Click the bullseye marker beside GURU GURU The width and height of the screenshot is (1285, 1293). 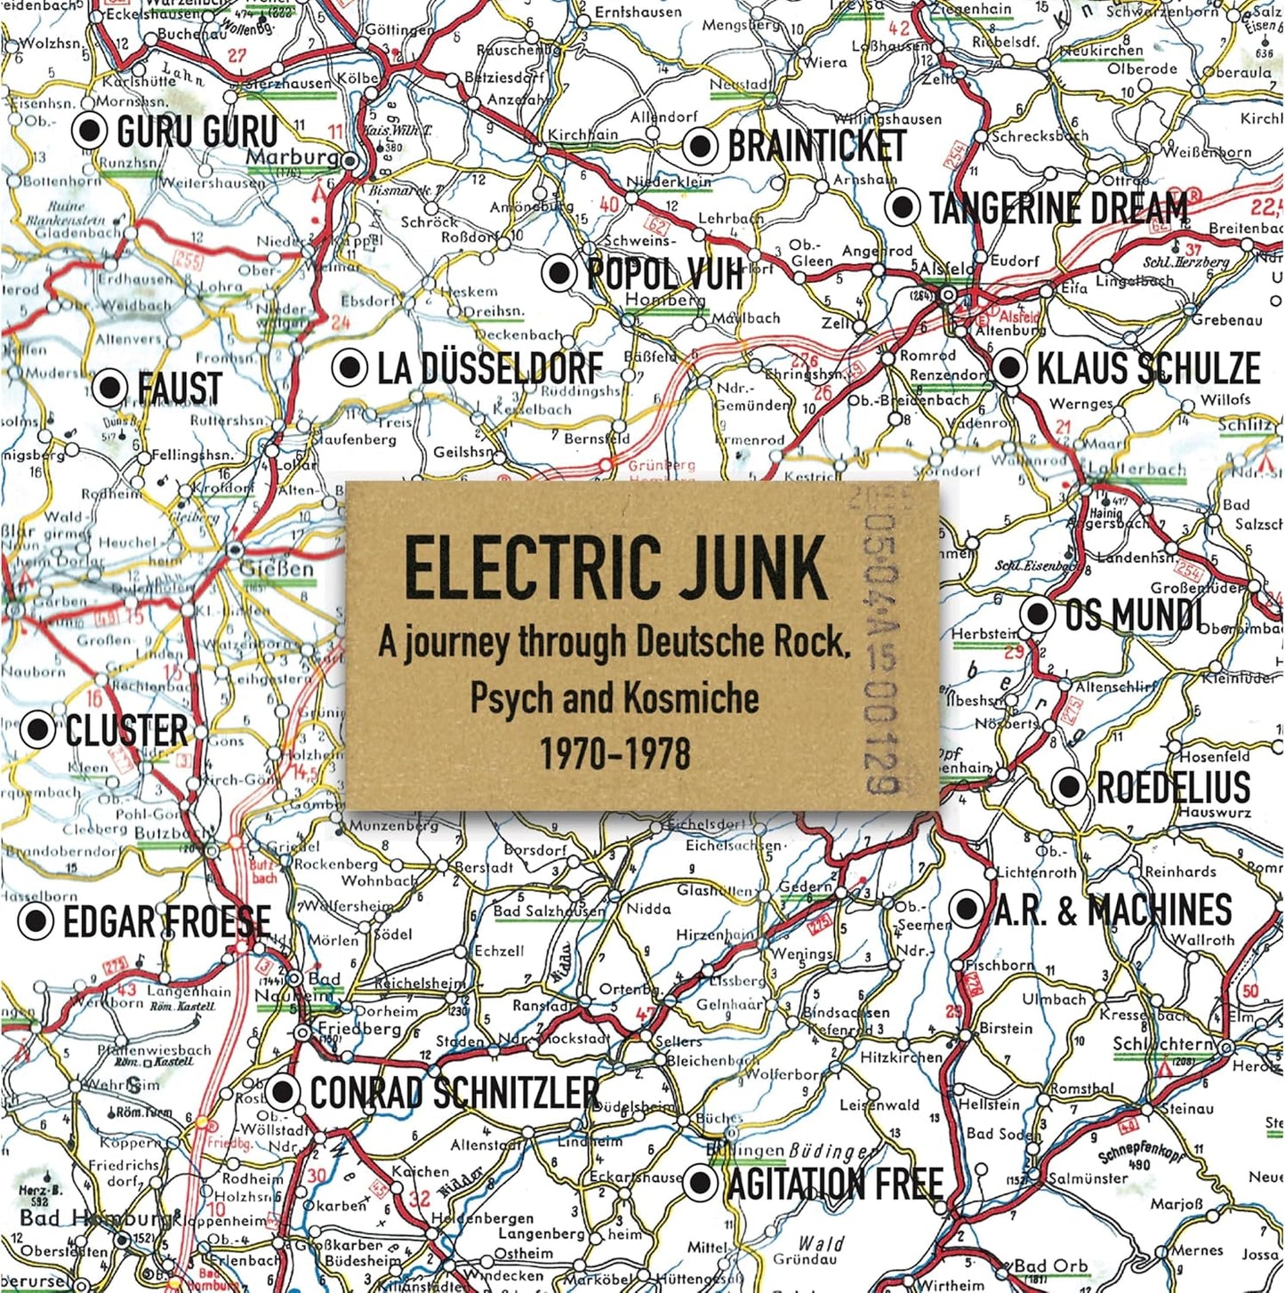(x=90, y=132)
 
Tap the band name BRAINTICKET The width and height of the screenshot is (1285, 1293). (x=816, y=147)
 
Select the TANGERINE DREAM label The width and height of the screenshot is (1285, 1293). (x=1058, y=208)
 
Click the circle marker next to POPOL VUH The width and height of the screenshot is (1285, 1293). (x=559, y=272)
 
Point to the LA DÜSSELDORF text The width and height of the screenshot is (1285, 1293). (x=489, y=368)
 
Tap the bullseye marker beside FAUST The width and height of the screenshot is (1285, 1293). (x=110, y=388)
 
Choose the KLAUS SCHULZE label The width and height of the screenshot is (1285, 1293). (x=1148, y=368)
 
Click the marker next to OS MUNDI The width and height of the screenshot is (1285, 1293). (x=1037, y=614)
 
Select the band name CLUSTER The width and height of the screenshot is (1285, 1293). (x=126, y=730)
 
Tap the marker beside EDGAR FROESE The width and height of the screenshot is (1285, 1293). (x=36, y=922)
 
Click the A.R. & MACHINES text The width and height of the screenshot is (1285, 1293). (x=1112, y=910)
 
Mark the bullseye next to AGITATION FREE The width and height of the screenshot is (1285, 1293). (x=702, y=1183)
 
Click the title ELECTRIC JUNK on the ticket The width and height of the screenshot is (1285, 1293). (x=615, y=568)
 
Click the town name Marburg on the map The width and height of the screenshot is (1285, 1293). (x=292, y=158)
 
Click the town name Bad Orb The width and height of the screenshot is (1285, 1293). (x=1050, y=1265)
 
